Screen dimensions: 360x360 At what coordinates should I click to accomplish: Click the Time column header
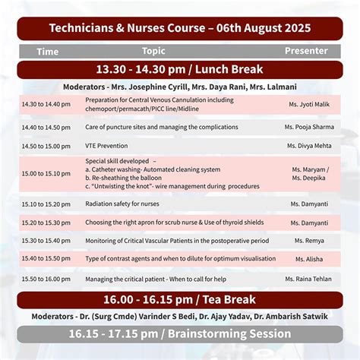47,52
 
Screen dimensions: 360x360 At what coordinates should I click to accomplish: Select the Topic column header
153,51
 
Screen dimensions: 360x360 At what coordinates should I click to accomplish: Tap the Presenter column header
305,51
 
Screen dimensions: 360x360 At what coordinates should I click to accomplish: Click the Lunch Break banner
179,69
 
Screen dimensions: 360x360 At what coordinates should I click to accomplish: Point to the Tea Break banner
179,300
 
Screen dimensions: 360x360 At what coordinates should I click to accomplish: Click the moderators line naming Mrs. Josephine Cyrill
179,86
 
